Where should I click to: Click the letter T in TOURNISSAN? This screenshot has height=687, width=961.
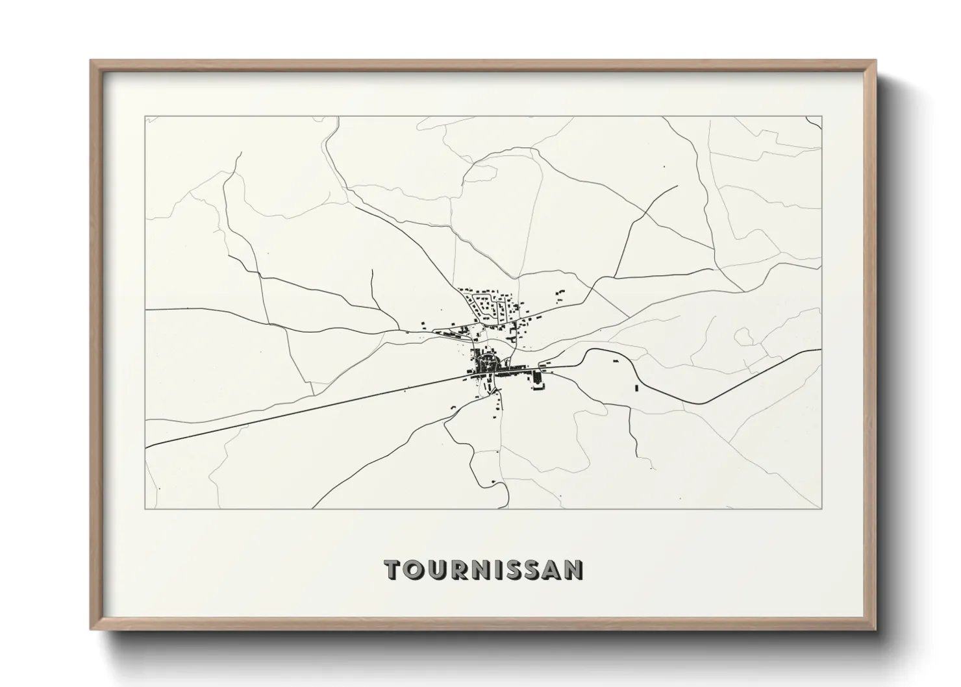tap(393, 569)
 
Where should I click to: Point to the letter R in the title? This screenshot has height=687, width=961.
tap(459, 569)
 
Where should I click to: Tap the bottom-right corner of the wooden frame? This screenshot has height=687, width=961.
tap(876, 629)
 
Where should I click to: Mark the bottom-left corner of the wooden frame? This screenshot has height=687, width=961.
tap(91, 629)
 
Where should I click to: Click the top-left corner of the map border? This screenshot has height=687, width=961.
tap(145, 117)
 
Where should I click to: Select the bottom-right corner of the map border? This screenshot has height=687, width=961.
tap(822, 508)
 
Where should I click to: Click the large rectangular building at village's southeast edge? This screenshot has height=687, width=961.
tap(537, 378)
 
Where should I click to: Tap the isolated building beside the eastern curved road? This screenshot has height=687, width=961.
tap(636, 388)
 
